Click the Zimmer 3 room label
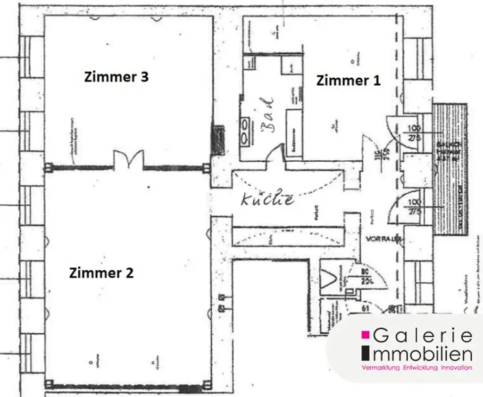[x=116, y=77]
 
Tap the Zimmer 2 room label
[x=101, y=273]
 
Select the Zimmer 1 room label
[x=348, y=80]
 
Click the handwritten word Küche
[x=267, y=199]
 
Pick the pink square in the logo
[x=365, y=335]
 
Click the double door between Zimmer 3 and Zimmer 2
[x=129, y=160]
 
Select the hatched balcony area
[x=450, y=170]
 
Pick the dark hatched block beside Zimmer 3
[x=218, y=140]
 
